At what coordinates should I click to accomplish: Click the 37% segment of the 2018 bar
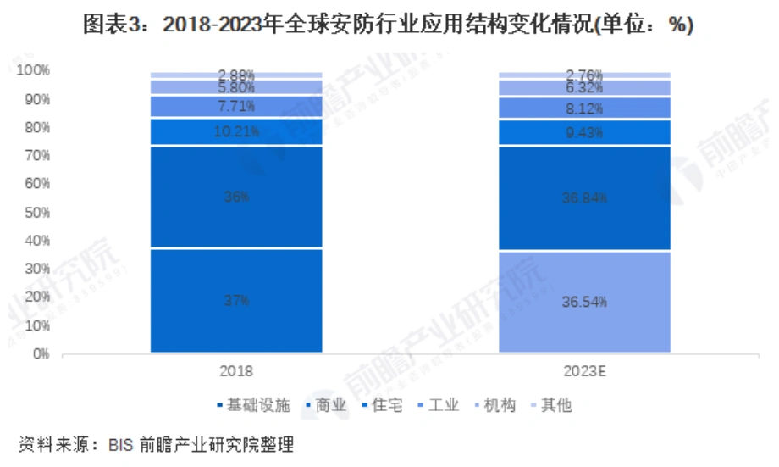[236, 301]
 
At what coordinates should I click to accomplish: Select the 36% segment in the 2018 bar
[236, 197]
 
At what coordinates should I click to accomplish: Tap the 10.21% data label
[236, 131]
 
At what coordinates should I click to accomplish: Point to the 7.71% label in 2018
[236, 106]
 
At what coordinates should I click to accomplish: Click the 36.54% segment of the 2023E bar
[584, 302]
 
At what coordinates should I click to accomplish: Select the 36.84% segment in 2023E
[584, 198]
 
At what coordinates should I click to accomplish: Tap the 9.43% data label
[584, 132]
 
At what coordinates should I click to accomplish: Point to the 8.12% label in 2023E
[584, 108]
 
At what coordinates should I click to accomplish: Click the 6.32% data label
[584, 87]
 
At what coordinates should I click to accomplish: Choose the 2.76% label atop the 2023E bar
[584, 75]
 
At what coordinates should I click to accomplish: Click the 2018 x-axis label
[236, 371]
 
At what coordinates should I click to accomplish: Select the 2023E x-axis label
[584, 371]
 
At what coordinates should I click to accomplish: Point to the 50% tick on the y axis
[37, 212]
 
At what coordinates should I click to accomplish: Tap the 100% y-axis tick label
[34, 70]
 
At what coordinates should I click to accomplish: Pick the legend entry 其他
[556, 406]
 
